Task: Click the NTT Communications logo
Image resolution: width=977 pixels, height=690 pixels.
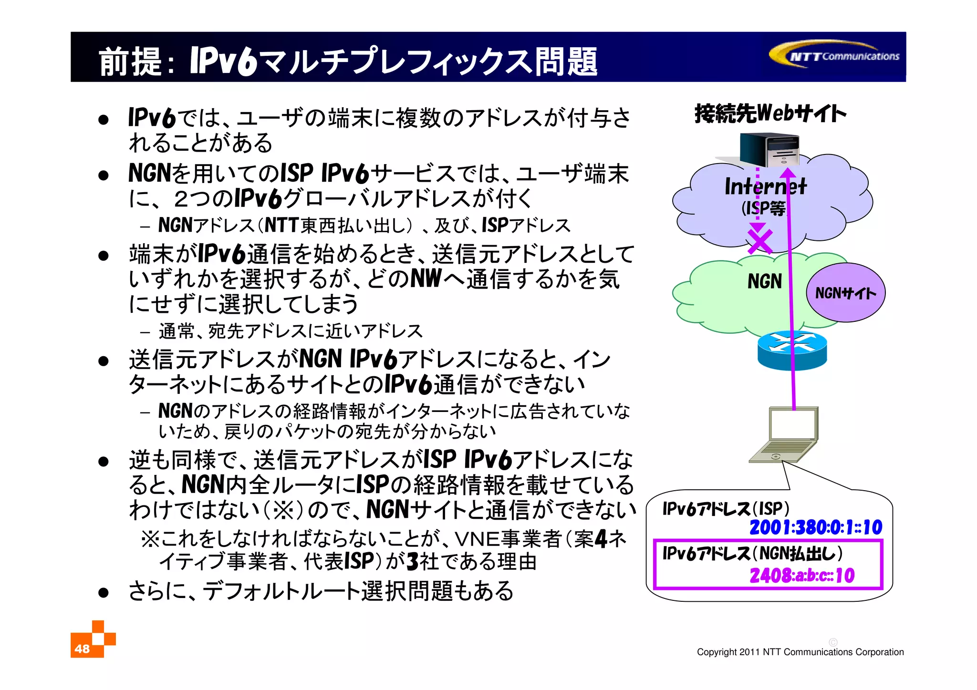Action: coord(835,56)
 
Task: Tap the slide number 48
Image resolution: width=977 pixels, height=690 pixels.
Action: coord(82,649)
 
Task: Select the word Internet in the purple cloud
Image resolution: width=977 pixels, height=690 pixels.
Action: coord(765,186)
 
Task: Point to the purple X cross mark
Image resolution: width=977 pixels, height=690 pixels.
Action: coord(759,241)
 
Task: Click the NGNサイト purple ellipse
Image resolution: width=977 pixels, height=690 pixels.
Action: coord(845,293)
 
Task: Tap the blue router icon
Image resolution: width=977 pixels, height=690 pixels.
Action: coord(792,350)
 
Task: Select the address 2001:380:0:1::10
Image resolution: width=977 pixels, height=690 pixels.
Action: coord(816,527)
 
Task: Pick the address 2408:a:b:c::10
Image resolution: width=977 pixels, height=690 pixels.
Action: coord(802,576)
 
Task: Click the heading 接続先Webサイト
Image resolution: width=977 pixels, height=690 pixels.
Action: coord(770,113)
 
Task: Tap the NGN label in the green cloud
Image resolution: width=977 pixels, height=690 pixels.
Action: coord(764,281)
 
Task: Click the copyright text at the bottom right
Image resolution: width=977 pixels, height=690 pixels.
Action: coord(800,652)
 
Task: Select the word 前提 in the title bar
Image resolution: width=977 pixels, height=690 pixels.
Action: coord(130,62)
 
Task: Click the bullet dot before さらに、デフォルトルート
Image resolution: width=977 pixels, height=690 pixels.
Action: coord(104,593)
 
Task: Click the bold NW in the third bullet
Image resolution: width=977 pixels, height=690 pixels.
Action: coord(426,278)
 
